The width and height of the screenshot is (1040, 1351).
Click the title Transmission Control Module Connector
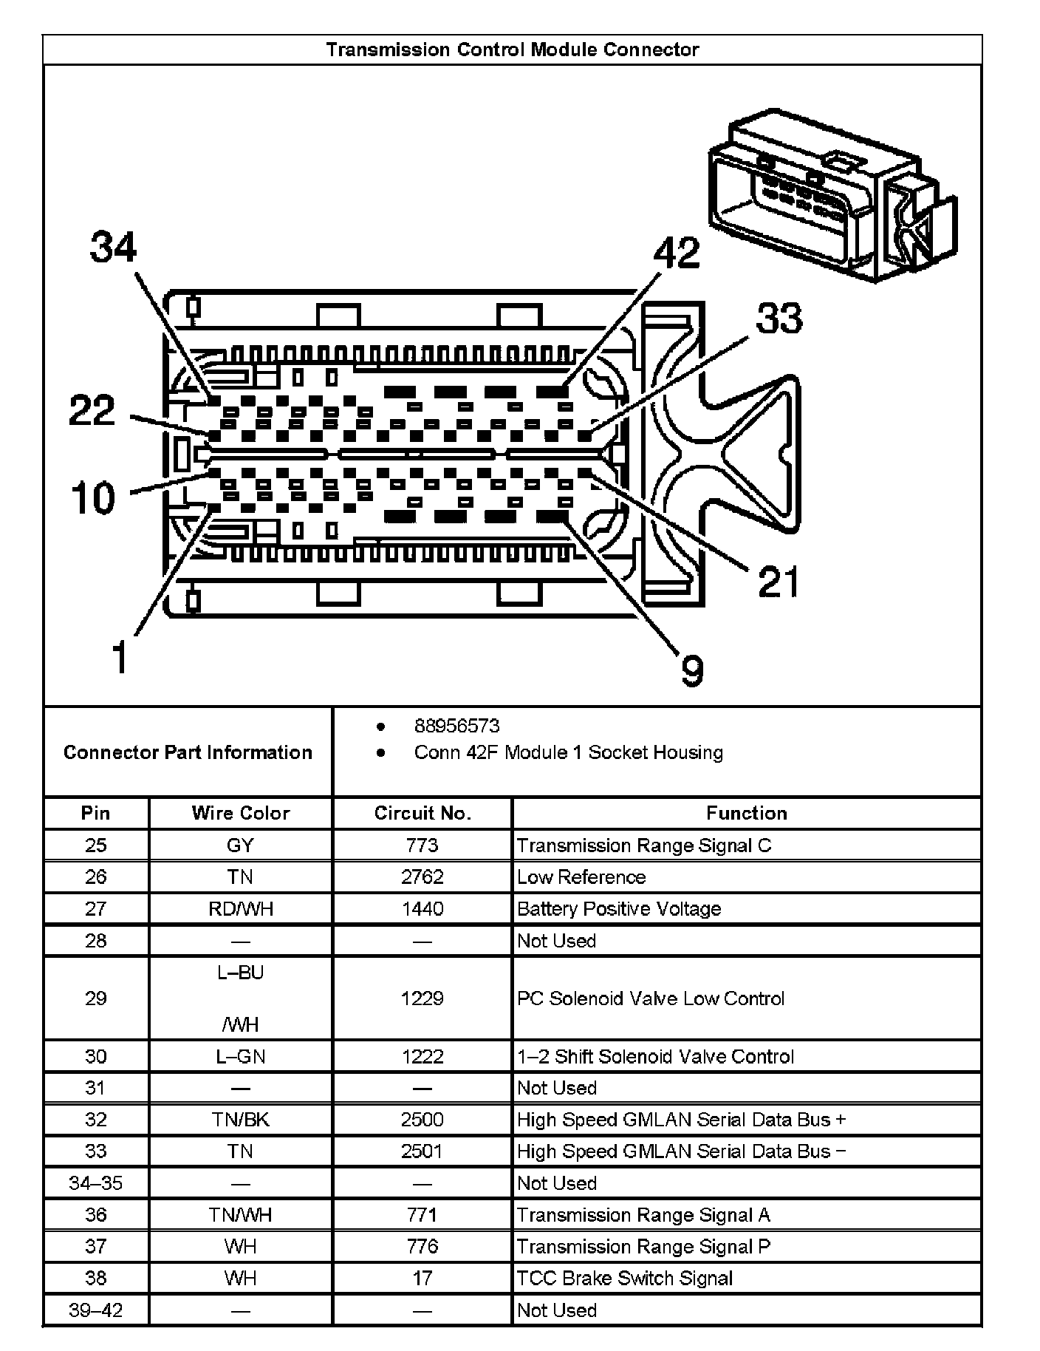(x=512, y=50)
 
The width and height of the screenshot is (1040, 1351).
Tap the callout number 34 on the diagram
(x=113, y=247)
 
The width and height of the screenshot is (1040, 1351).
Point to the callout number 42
(x=677, y=253)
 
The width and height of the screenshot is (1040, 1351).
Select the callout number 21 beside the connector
(x=779, y=582)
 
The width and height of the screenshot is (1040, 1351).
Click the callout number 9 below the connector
(x=691, y=671)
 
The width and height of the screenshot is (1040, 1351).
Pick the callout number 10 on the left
(x=93, y=497)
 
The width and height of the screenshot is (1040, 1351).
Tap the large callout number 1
(x=119, y=657)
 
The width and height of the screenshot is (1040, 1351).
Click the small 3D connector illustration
(x=832, y=195)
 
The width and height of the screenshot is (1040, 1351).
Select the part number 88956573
(x=456, y=726)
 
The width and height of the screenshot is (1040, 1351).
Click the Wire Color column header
(x=240, y=813)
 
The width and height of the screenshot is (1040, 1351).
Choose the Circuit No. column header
(x=422, y=813)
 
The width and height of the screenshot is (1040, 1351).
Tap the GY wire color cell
(x=240, y=845)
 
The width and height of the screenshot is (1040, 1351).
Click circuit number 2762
(x=422, y=877)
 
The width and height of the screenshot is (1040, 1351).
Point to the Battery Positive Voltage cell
(x=619, y=909)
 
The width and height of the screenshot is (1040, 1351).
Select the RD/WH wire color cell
(x=240, y=909)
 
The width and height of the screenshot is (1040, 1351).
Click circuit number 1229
(x=422, y=998)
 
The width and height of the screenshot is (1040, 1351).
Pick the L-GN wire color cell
(x=240, y=1057)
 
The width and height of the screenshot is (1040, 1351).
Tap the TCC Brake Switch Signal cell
(x=625, y=1279)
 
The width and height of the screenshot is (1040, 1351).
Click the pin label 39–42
(x=96, y=1310)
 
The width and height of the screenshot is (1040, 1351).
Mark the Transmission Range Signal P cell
(x=643, y=1247)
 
